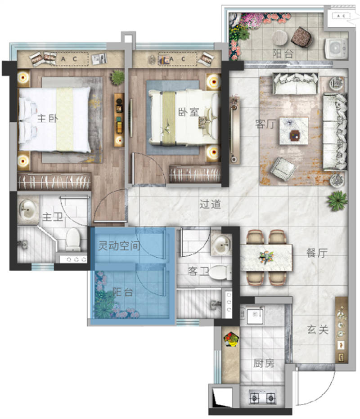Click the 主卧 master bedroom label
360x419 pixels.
tap(48, 118)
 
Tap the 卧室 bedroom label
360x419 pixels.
tap(189, 111)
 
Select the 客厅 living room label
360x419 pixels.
tap(265, 124)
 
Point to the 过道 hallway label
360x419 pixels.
tap(210, 205)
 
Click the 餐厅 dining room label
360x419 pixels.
tap(317, 253)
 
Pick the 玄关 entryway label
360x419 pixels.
tap(318, 330)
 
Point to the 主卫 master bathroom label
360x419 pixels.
tap(53, 217)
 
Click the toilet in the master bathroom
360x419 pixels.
tap(73, 239)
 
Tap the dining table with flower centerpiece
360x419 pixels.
tap(266, 258)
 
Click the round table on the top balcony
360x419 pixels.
tap(280, 38)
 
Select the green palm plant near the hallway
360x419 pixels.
tap(337, 201)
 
